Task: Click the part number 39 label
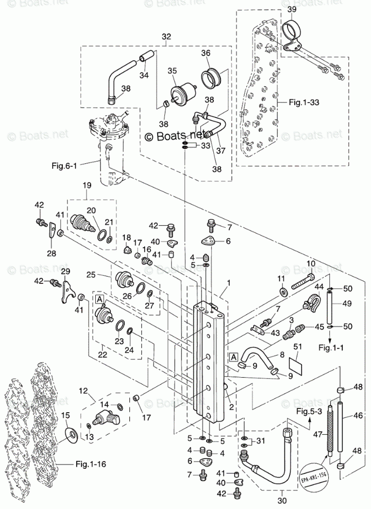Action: [x=291, y=10]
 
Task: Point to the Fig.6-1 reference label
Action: [x=63, y=165]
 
